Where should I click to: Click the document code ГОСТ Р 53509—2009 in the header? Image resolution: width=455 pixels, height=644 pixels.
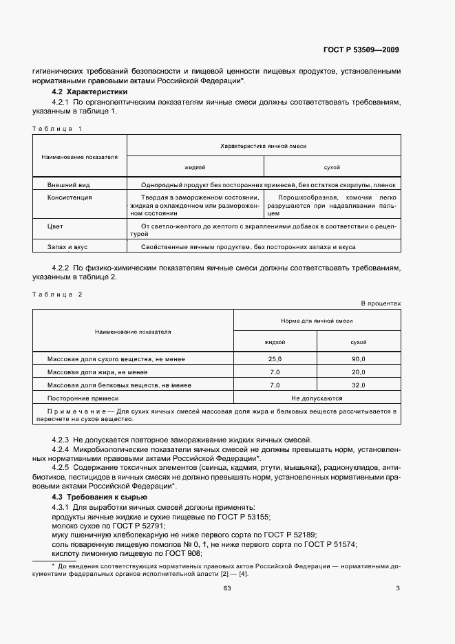point(361,50)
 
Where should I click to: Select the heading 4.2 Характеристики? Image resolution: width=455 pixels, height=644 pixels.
point(90,92)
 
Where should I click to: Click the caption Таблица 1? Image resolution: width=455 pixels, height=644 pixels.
point(58,129)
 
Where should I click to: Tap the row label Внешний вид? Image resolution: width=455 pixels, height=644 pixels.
point(69,185)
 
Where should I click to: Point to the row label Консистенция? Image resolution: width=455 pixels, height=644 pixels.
point(70,197)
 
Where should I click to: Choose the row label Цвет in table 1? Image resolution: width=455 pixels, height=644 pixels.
point(55,226)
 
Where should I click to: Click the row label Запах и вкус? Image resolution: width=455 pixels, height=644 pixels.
point(67,246)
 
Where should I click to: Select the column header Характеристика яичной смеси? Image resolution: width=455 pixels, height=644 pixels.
point(263,147)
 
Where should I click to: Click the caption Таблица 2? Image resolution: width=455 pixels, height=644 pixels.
point(58,294)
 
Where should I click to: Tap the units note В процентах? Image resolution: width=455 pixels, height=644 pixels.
point(381,303)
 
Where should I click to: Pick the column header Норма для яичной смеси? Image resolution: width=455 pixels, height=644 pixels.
point(317,321)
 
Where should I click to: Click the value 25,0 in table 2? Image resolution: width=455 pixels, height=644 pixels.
point(275,359)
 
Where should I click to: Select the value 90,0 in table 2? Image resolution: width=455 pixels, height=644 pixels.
point(358,359)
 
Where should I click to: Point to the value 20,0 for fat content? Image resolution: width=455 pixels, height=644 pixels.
point(358,372)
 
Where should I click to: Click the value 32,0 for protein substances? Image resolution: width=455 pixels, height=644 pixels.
point(358,385)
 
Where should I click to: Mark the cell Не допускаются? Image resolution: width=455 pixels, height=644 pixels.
point(317,398)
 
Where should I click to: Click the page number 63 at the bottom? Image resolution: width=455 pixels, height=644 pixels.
point(226,588)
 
